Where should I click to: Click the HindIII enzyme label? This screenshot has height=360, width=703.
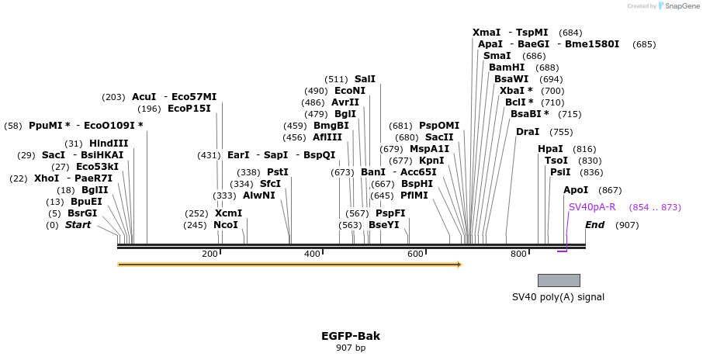[109, 143]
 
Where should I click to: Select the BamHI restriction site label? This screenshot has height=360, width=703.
[507, 67]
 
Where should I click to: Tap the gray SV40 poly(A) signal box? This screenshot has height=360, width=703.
[559, 280]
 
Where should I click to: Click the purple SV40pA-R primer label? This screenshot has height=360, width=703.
[592, 207]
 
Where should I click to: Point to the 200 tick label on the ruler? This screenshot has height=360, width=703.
[210, 254]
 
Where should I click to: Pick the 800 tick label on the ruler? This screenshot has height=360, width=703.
[518, 254]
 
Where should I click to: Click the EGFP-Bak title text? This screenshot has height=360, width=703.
[351, 336]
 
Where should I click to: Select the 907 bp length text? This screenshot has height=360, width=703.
[351, 348]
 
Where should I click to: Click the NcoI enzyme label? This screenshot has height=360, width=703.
[226, 225]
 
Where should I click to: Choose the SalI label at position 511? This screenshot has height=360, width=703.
[365, 79]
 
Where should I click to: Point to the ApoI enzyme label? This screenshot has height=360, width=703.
[576, 190]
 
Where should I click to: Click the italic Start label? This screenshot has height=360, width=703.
[78, 225]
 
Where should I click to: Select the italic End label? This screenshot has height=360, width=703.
[595, 225]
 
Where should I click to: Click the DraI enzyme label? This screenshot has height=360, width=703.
[528, 132]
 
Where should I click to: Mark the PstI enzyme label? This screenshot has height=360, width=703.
[278, 172]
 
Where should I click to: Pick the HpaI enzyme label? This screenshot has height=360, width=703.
[550, 149]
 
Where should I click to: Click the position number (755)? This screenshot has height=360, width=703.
[561, 132]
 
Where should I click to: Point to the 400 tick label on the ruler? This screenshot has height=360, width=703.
[312, 254]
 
